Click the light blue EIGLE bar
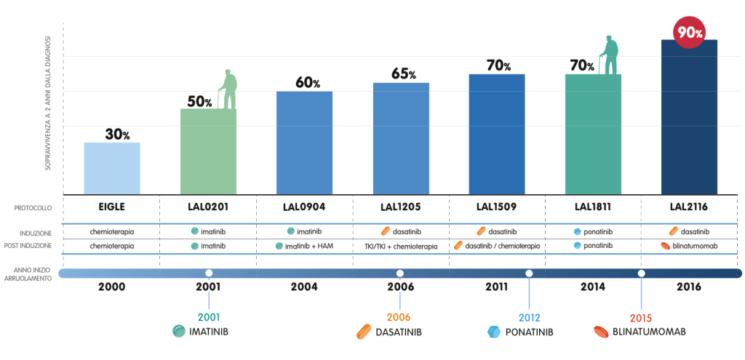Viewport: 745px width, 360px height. tap(112, 168)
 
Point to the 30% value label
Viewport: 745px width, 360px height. tap(116, 135)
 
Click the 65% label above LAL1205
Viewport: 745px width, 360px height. tap(402, 74)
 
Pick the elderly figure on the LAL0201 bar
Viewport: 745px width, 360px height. tap(229, 89)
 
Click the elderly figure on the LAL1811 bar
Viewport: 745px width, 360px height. tap(610, 55)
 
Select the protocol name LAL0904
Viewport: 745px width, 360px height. tap(304, 207)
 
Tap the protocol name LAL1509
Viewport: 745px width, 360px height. tap(497, 207)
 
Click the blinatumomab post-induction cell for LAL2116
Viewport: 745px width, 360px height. tap(688, 247)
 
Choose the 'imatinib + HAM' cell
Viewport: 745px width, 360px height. tap(304, 247)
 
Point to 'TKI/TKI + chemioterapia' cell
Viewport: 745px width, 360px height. tap(400, 247)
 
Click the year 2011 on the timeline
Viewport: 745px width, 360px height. tap(497, 287)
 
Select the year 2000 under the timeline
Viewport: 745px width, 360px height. tap(112, 287)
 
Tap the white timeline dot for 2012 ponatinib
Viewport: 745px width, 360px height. tap(529, 273)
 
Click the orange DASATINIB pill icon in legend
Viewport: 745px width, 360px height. tap(364, 332)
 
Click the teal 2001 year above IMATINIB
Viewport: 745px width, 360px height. tap(208, 317)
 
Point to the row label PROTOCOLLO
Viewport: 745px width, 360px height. tap(33, 208)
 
